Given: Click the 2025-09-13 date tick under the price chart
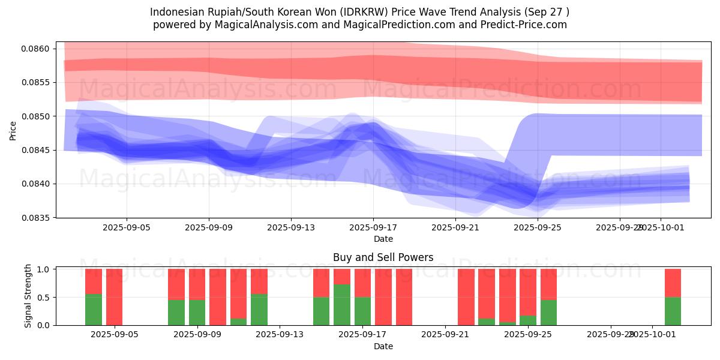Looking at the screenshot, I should pos(291,228).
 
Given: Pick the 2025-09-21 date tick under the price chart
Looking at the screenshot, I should pos(456,228).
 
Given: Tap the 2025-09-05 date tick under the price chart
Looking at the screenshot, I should pos(126,228).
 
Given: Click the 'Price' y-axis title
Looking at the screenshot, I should pos(13,130).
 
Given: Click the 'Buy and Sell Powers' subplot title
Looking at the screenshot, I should pos(383,257).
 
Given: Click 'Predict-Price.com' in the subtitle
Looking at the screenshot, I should pos(524,25).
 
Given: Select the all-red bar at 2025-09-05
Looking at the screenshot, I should pos(114,297).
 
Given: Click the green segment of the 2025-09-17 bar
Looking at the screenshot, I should pos(362,311).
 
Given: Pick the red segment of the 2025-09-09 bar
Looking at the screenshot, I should pos(197,284).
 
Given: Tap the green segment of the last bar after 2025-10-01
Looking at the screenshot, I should pos(673,311).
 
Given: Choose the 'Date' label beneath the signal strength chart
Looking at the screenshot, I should pos(383,346).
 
